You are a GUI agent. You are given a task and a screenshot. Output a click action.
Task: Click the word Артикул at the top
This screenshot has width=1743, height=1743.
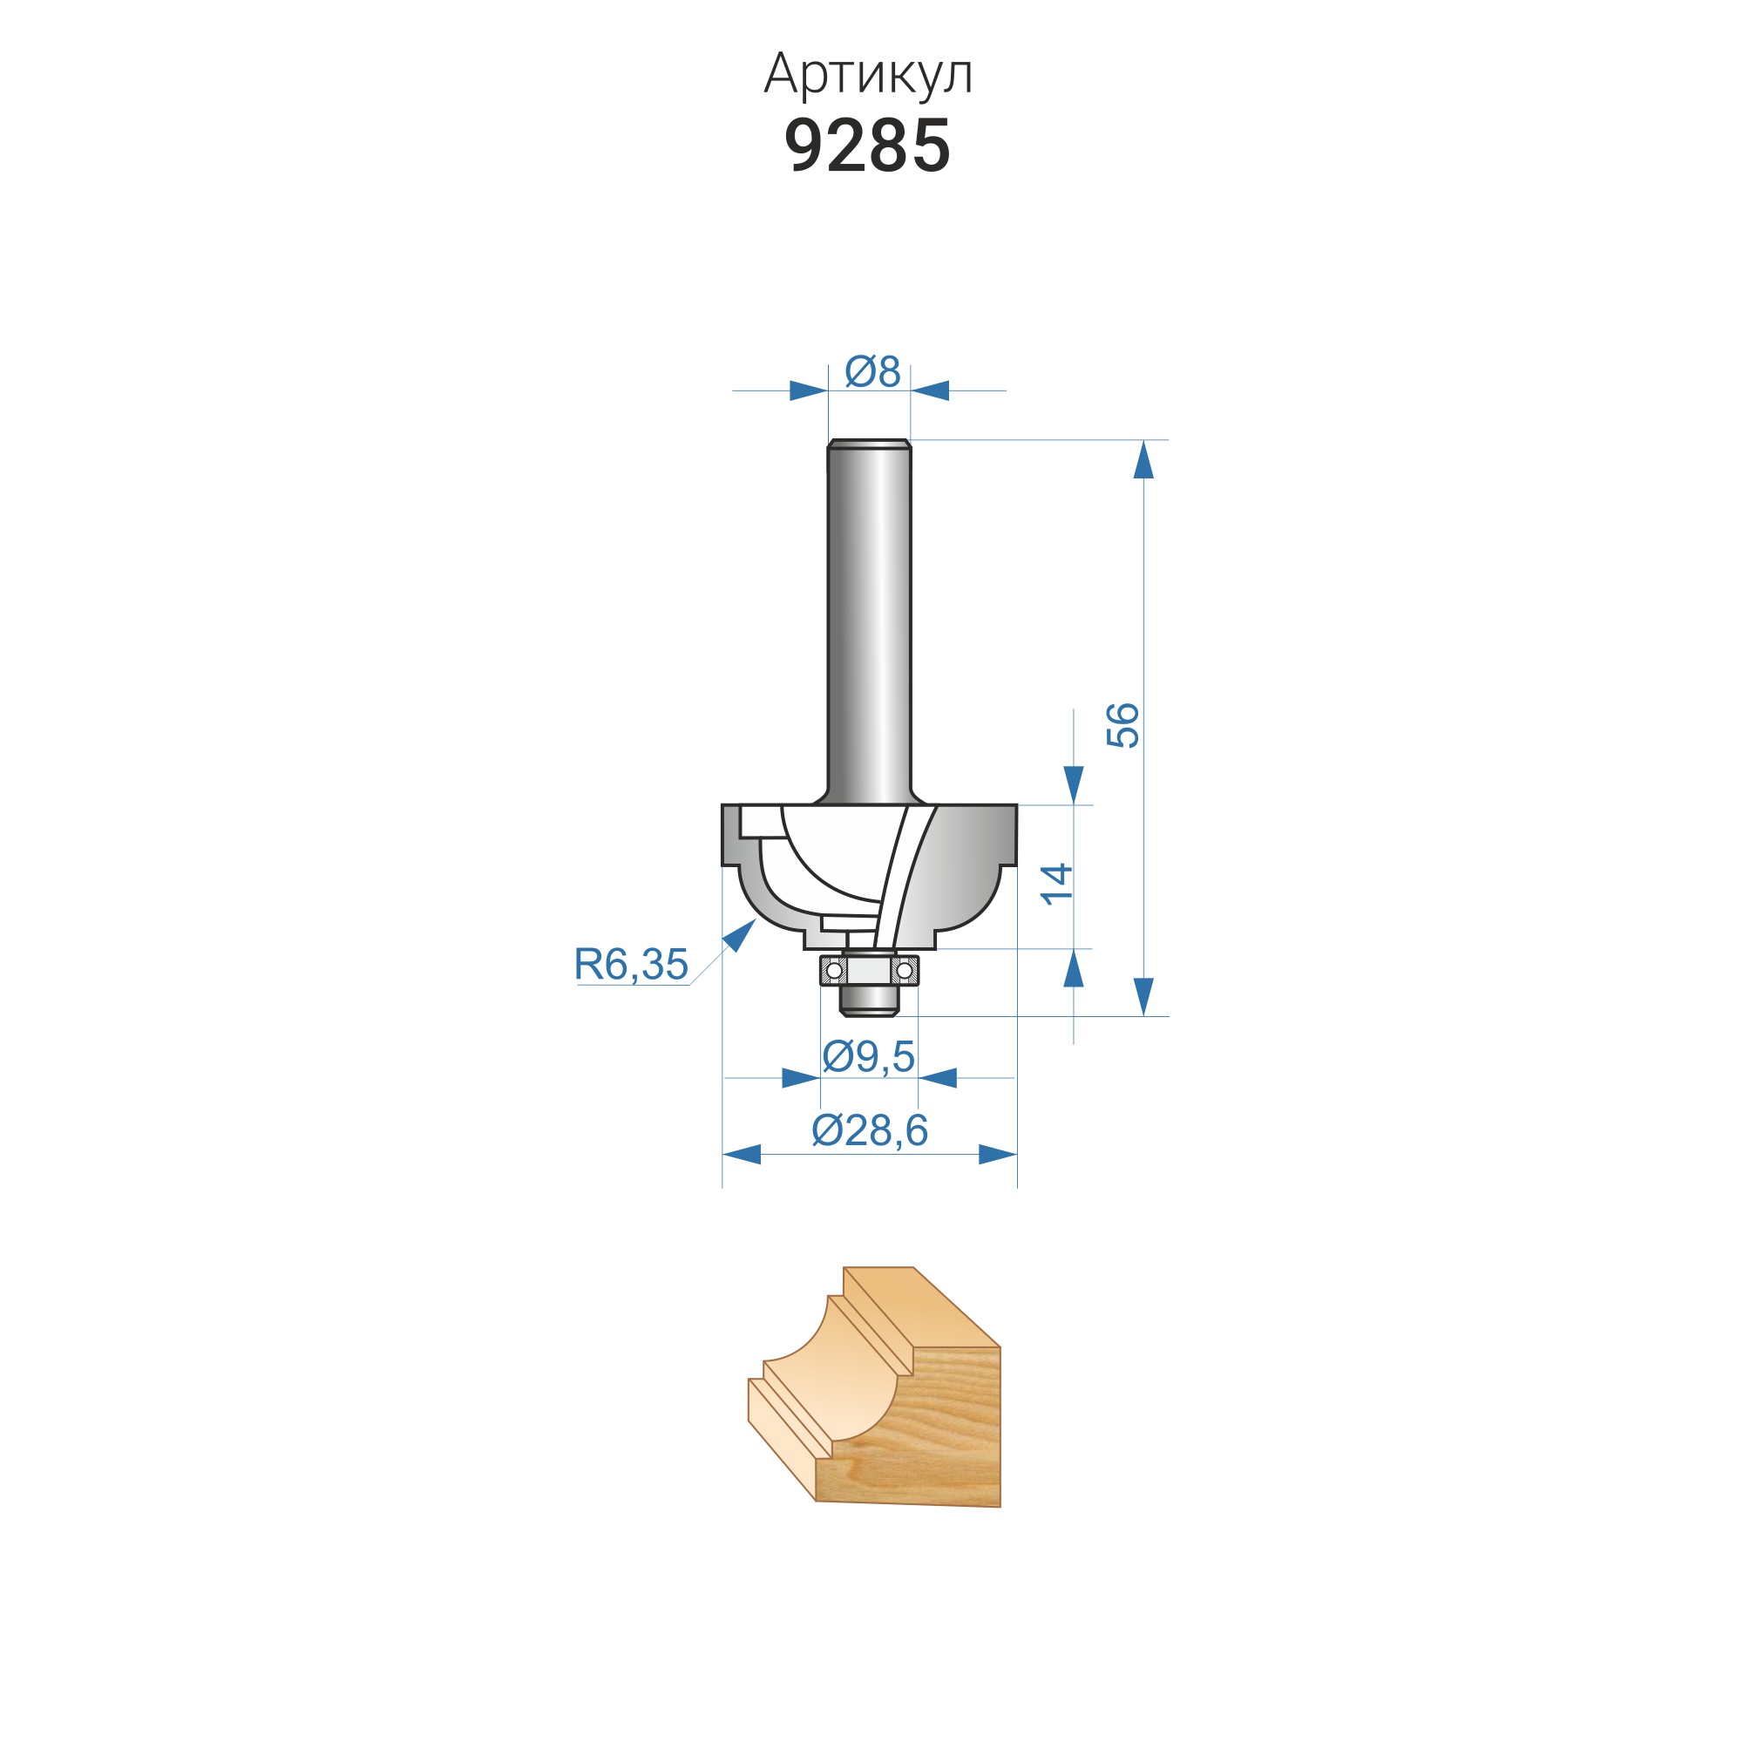point(868,74)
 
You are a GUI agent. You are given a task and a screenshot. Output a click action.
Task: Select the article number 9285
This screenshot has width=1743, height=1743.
point(868,146)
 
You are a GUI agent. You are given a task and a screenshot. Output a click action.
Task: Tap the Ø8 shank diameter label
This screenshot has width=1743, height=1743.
point(872,372)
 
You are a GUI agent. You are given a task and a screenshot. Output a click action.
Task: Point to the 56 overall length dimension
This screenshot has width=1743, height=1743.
point(1123,725)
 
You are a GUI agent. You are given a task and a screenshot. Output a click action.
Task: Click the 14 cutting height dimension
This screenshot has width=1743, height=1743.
point(1056,883)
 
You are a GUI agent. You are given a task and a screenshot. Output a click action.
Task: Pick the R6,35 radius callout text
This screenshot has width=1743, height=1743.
point(632,965)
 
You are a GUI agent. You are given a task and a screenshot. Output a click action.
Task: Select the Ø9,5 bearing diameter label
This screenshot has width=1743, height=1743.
point(869,1056)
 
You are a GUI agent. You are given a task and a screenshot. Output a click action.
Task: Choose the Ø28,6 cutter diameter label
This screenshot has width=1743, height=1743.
point(870,1130)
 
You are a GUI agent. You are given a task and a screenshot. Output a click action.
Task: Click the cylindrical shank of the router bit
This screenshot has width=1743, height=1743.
point(870,621)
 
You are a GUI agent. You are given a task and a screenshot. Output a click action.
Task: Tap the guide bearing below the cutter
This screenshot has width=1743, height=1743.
point(869,971)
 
